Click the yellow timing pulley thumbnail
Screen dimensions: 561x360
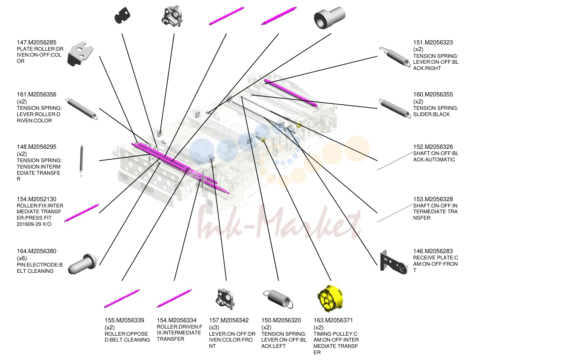coord(330,298)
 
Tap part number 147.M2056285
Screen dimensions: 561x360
coord(36,43)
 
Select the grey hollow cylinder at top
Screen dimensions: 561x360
coord(329,18)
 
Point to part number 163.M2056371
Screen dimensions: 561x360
coord(333,321)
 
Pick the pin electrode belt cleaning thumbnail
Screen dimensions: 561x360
coord(82,264)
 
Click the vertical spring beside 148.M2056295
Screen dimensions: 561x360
coord(81,161)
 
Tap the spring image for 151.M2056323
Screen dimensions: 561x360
coord(395,57)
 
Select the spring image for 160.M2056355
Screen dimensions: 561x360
coord(395,108)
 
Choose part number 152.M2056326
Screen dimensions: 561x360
coord(433,147)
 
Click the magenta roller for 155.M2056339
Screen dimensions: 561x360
coord(122,299)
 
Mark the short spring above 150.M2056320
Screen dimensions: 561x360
coord(278,299)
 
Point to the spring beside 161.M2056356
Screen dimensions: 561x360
coord(82,109)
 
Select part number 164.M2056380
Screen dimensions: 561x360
coord(36,251)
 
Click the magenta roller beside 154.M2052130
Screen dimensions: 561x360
coord(82,213)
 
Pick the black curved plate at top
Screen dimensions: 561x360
coord(122,16)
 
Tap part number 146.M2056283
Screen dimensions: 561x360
coord(433,251)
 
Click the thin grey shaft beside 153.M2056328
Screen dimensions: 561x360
coord(395,213)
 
